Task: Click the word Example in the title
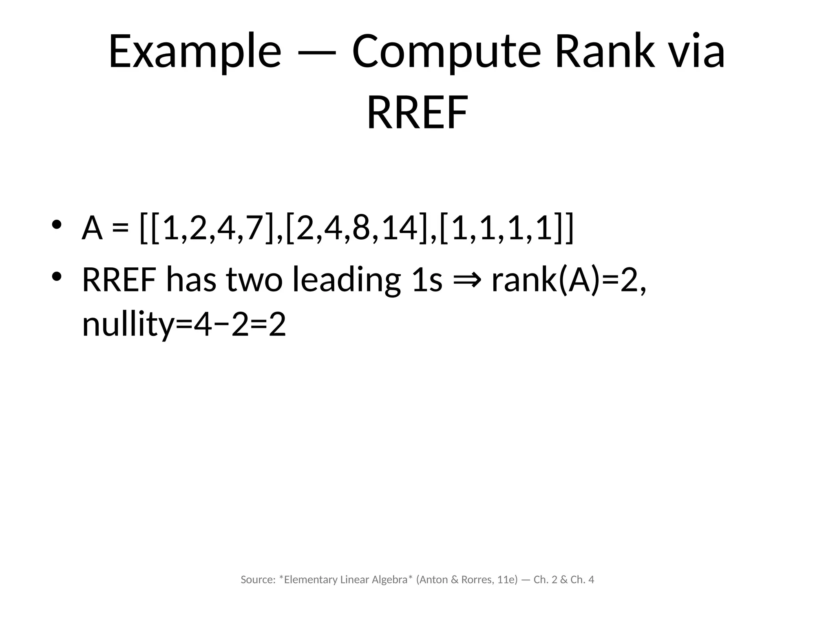[x=194, y=52]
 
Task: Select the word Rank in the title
[x=605, y=52]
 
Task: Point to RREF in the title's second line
[x=417, y=112]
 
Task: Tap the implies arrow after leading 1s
[x=467, y=280]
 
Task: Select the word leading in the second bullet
[x=347, y=280]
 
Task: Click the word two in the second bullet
[x=254, y=280]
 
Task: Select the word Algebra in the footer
[x=390, y=580]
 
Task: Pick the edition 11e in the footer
[x=506, y=580]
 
